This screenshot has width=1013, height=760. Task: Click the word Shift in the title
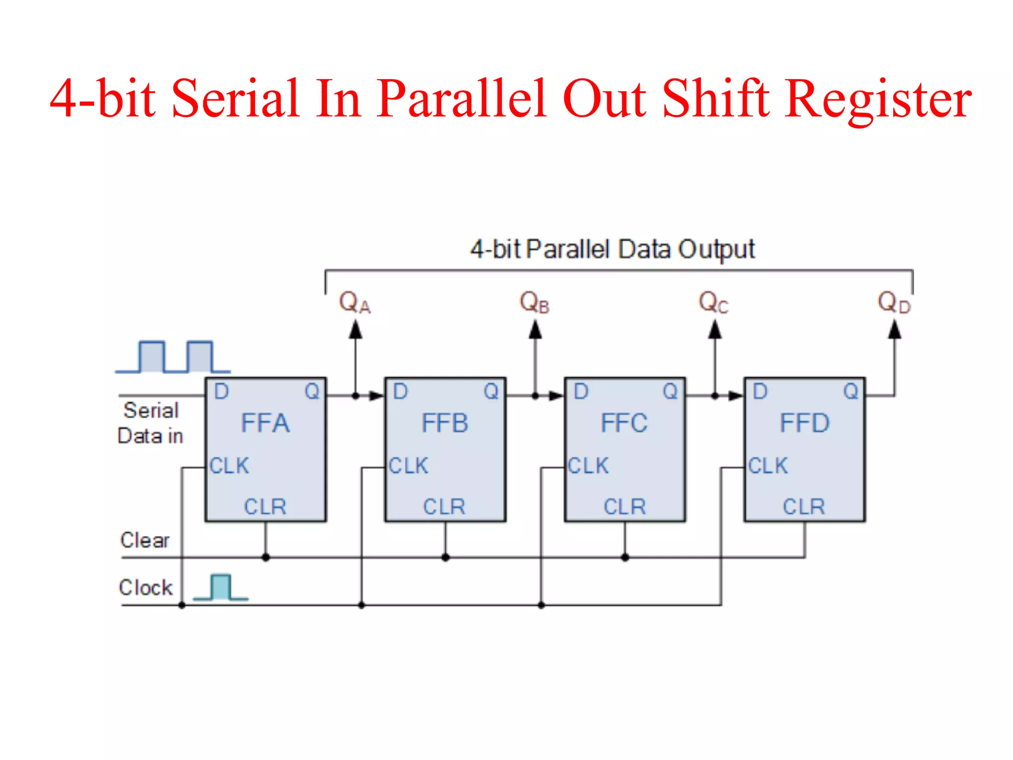[x=715, y=99]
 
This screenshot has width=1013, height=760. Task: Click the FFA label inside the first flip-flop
[x=265, y=424]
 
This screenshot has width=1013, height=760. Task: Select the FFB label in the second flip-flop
[x=445, y=424]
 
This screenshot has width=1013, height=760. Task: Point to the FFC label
[x=624, y=424]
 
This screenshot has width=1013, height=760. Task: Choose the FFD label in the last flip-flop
[x=804, y=424]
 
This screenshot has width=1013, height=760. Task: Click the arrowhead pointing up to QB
[x=535, y=330]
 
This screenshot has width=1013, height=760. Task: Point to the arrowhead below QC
[x=715, y=330]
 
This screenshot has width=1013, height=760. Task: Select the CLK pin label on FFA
[x=229, y=466]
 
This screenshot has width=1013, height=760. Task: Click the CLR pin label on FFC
[x=625, y=507]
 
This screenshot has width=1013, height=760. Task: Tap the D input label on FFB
[x=400, y=392]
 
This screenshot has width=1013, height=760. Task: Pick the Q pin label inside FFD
[x=851, y=392]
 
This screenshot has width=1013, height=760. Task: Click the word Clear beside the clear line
[x=144, y=540]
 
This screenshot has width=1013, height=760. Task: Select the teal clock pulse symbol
[x=221, y=587]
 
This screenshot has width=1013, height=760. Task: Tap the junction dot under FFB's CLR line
[x=445, y=558]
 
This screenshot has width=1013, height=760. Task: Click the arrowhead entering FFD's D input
[x=736, y=396]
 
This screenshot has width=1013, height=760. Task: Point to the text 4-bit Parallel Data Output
[x=612, y=249]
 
